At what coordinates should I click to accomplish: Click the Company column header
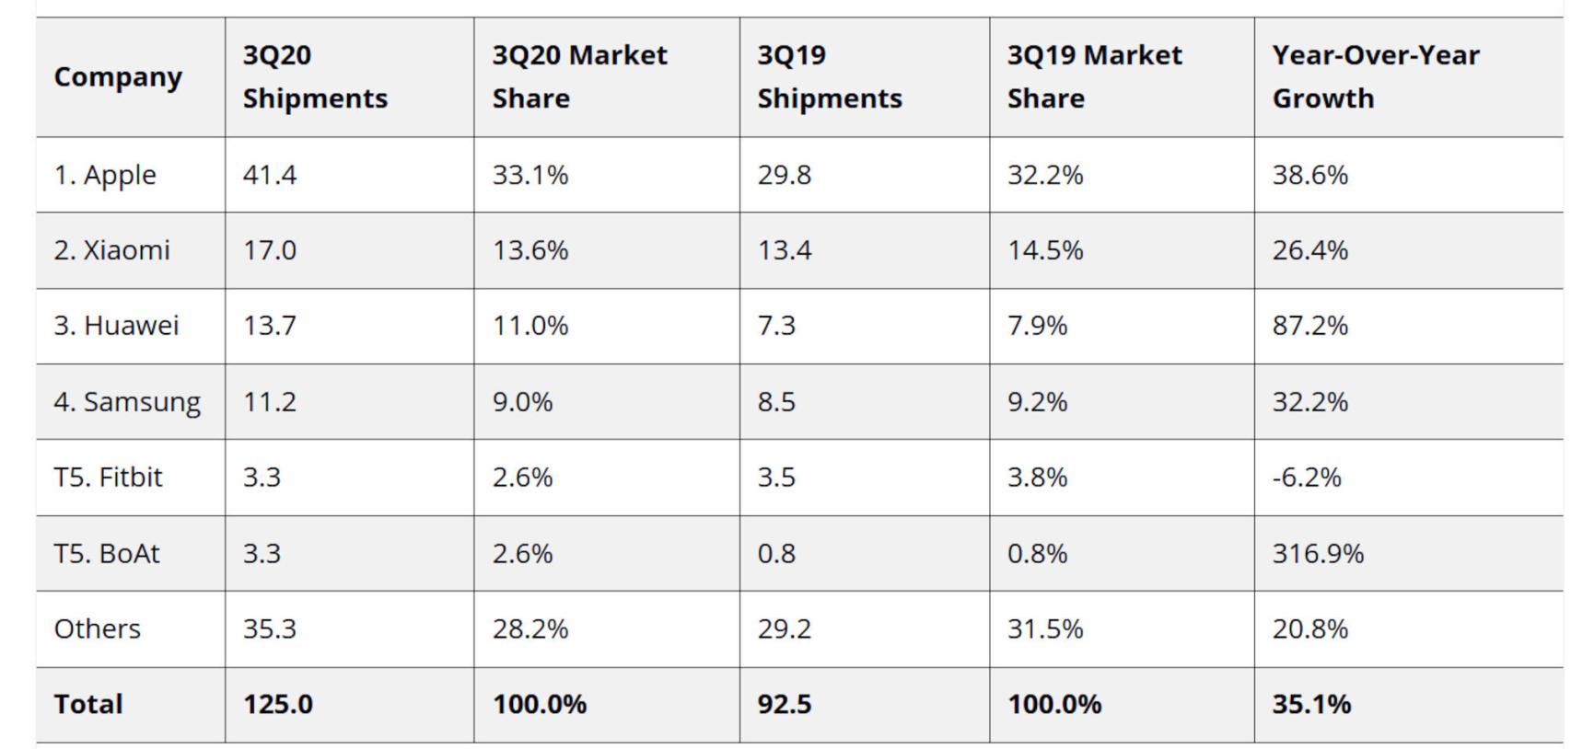(x=118, y=77)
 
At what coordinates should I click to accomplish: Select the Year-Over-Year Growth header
(x=1375, y=76)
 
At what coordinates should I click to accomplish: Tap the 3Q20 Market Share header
(x=579, y=76)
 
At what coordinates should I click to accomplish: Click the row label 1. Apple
(x=105, y=175)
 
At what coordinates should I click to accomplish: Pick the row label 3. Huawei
(x=116, y=326)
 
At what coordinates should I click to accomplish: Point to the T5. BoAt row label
(x=107, y=554)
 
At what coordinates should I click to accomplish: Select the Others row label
(x=98, y=629)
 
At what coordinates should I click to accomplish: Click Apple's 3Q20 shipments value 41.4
(x=270, y=175)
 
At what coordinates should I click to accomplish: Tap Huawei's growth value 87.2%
(x=1309, y=326)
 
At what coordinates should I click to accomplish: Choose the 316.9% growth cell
(x=1318, y=554)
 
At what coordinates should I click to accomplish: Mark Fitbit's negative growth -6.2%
(x=1307, y=478)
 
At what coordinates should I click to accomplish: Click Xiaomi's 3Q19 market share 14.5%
(x=1044, y=250)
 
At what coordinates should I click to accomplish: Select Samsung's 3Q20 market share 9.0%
(x=522, y=402)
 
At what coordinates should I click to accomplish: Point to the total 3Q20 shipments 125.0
(x=277, y=705)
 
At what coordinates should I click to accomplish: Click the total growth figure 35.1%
(x=1311, y=705)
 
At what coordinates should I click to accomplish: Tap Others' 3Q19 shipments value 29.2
(x=784, y=629)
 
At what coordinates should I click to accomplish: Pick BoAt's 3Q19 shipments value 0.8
(x=776, y=554)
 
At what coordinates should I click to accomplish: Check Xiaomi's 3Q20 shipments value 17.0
(x=270, y=250)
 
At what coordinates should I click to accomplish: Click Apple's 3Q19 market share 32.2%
(x=1044, y=175)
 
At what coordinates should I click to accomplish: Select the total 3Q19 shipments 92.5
(x=784, y=705)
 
